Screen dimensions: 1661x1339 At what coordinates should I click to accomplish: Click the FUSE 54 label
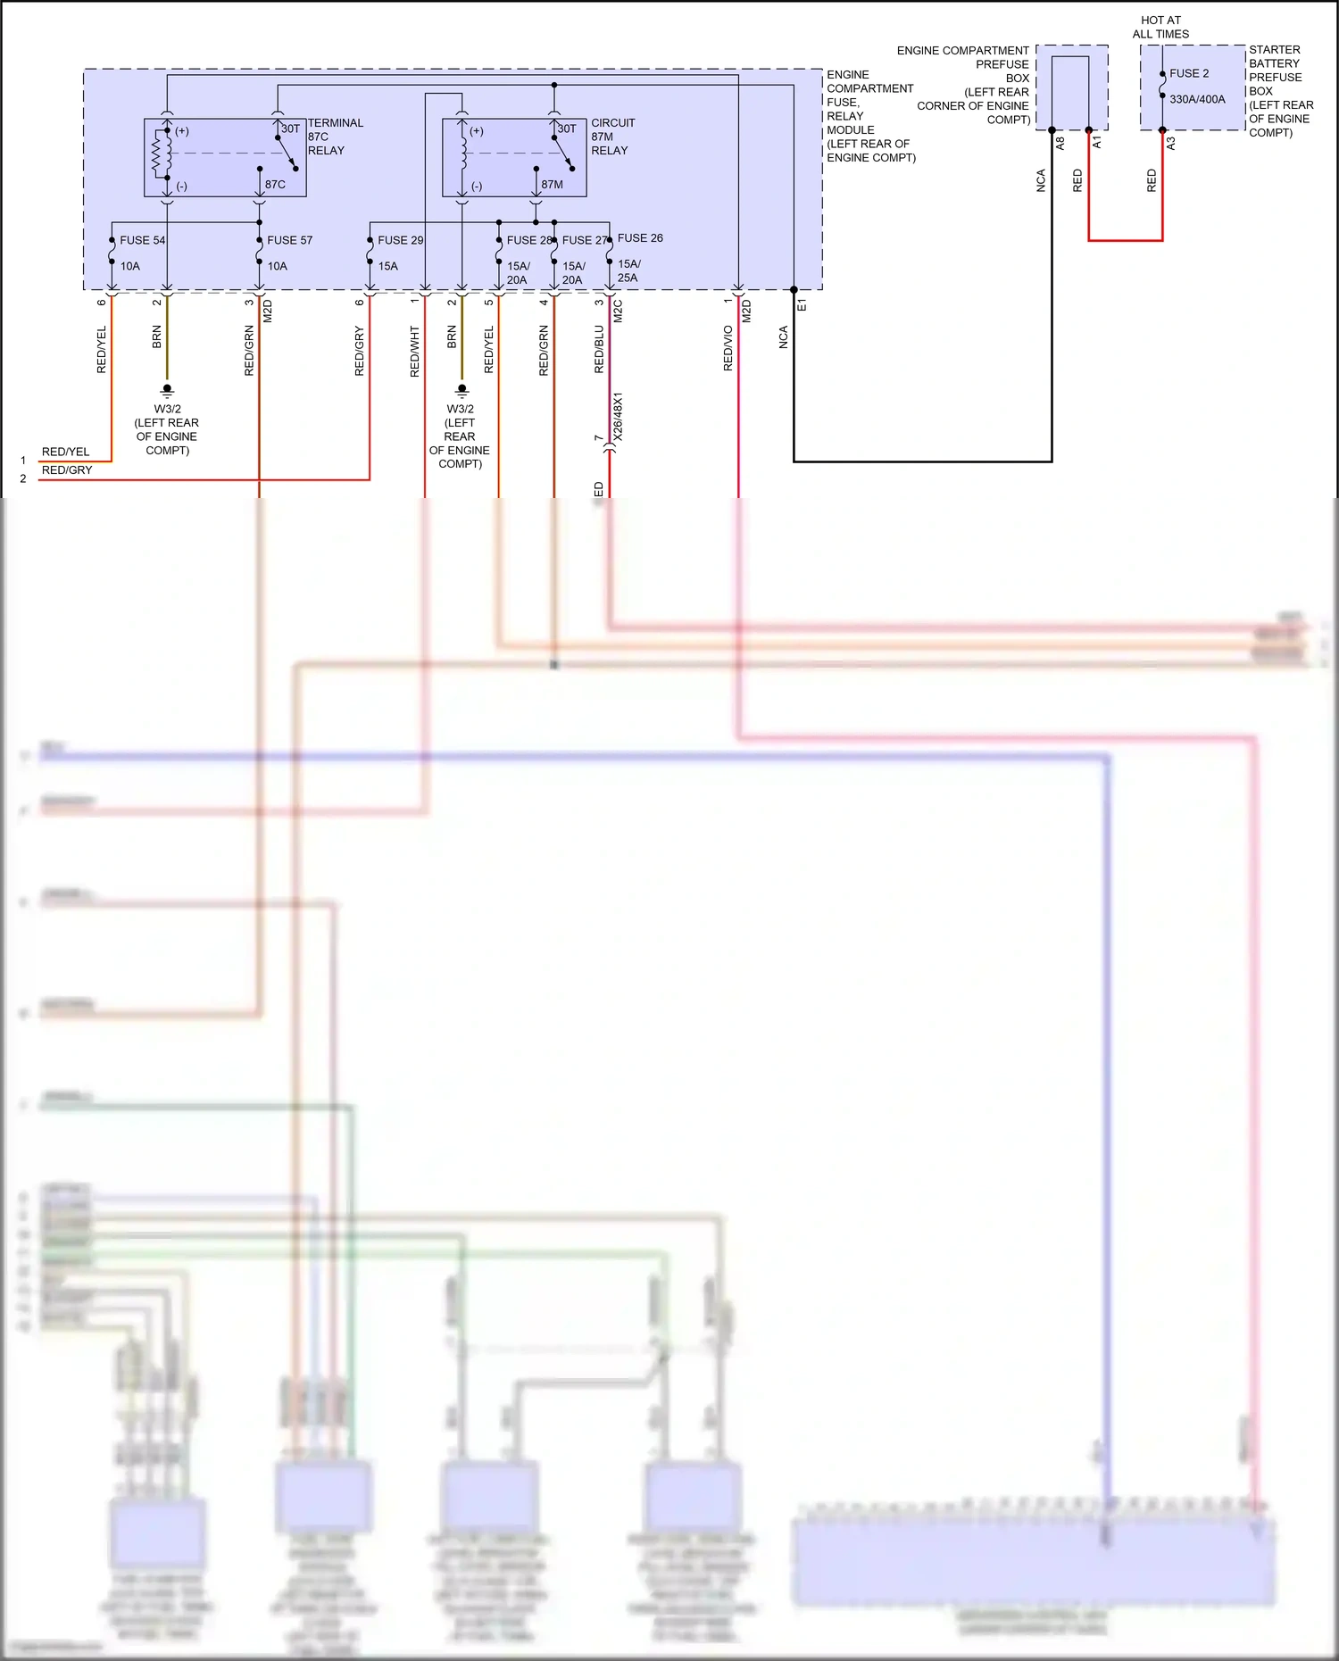pyautogui.click(x=142, y=240)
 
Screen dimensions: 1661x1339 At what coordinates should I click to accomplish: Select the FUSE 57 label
pyautogui.click(x=289, y=240)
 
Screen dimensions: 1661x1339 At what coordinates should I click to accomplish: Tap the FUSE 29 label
pyautogui.click(x=400, y=240)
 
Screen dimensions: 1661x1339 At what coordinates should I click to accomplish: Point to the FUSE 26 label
pyautogui.click(x=640, y=238)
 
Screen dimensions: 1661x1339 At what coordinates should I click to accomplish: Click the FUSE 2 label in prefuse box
pyautogui.click(x=1189, y=73)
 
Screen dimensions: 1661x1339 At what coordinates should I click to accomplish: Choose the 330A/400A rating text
pyautogui.click(x=1197, y=99)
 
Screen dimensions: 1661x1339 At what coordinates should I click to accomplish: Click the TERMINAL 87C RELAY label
pyautogui.click(x=335, y=137)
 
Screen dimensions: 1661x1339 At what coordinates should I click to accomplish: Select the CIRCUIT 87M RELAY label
pyautogui.click(x=612, y=137)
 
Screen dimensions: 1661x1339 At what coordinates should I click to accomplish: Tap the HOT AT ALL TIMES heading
pyautogui.click(x=1160, y=27)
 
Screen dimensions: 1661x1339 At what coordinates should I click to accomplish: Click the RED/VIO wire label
pyautogui.click(x=728, y=348)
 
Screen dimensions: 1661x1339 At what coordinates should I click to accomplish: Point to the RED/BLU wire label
pyautogui.click(x=599, y=349)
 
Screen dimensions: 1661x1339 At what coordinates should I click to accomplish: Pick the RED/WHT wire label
pyautogui.click(x=414, y=351)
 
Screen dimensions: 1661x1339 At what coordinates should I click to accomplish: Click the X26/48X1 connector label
pyautogui.click(x=618, y=416)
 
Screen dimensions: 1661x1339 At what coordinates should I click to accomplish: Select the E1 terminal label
pyautogui.click(x=802, y=305)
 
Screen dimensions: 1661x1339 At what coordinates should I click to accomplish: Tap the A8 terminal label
pyautogui.click(x=1060, y=142)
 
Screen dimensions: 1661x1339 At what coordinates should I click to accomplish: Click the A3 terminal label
pyautogui.click(x=1170, y=142)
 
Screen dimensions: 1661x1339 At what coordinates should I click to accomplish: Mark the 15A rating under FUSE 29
pyautogui.click(x=387, y=266)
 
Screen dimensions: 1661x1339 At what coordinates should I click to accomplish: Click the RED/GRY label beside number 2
pyautogui.click(x=67, y=470)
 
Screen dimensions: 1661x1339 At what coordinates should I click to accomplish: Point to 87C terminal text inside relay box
pyautogui.click(x=275, y=185)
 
